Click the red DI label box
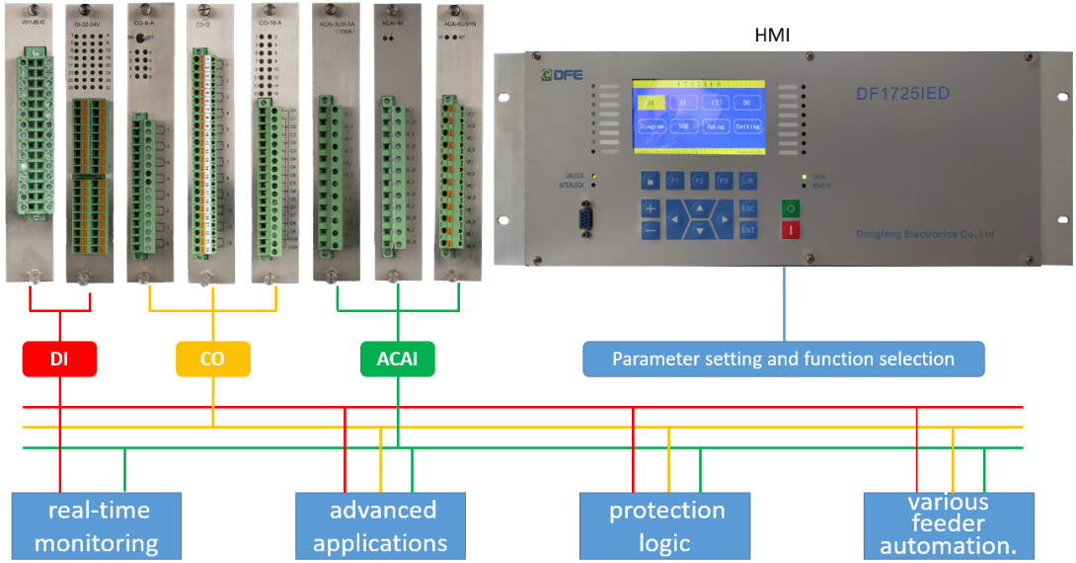point(59,360)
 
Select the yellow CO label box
point(212,360)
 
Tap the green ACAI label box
point(397,360)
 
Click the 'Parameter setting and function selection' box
point(783,359)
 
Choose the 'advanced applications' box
point(381,525)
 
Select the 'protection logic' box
point(666,525)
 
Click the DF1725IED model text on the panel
point(902,94)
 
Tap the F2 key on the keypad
point(699,181)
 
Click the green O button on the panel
point(791,209)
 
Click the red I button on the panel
point(791,230)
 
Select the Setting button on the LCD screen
point(747,126)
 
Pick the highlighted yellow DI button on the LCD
point(651,102)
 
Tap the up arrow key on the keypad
point(699,207)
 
